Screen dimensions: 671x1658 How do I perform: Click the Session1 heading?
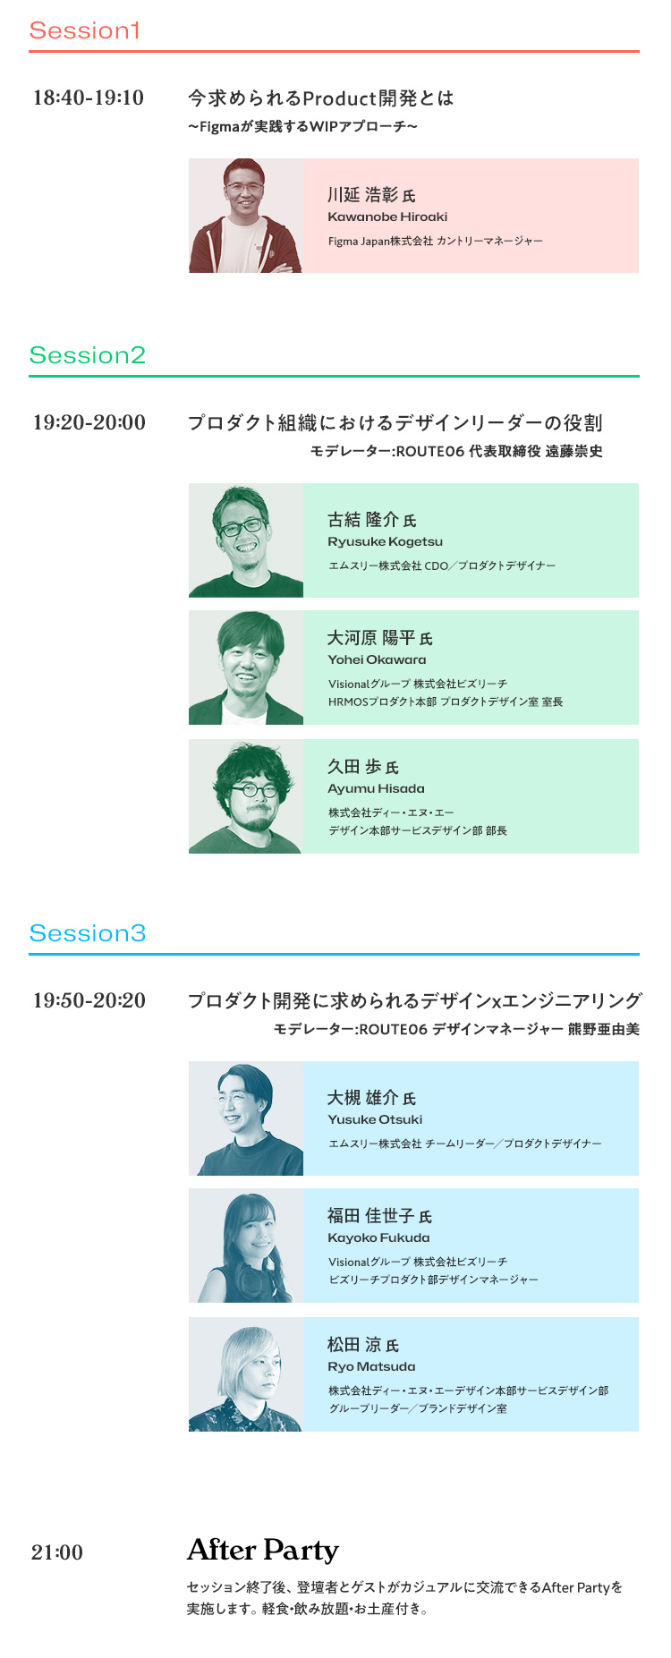click(85, 30)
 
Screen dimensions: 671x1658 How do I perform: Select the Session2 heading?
click(87, 355)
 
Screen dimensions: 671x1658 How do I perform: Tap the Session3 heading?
click(88, 933)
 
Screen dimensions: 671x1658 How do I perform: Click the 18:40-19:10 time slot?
click(89, 98)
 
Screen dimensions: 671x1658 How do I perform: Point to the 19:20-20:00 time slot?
click(89, 422)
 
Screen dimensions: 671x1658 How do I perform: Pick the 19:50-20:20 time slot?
click(89, 1000)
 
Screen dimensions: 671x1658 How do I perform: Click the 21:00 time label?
click(57, 1552)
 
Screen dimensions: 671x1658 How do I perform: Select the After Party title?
click(263, 1550)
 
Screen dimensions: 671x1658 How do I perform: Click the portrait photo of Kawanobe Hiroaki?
click(246, 216)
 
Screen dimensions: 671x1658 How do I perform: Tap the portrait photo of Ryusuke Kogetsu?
click(246, 540)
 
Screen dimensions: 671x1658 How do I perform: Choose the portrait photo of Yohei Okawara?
click(246, 667)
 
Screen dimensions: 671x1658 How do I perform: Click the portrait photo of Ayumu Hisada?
click(246, 796)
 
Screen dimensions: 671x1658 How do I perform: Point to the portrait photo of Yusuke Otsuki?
click(246, 1118)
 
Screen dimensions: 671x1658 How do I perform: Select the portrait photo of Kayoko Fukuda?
click(246, 1246)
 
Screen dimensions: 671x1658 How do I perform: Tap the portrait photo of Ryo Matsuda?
click(246, 1374)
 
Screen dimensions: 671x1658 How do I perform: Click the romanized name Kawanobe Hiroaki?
click(387, 217)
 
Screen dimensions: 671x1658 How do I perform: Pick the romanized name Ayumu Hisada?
click(376, 789)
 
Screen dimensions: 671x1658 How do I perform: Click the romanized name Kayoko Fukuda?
click(378, 1238)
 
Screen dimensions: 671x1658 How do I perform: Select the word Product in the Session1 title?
click(339, 98)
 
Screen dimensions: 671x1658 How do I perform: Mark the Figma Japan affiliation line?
click(435, 242)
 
